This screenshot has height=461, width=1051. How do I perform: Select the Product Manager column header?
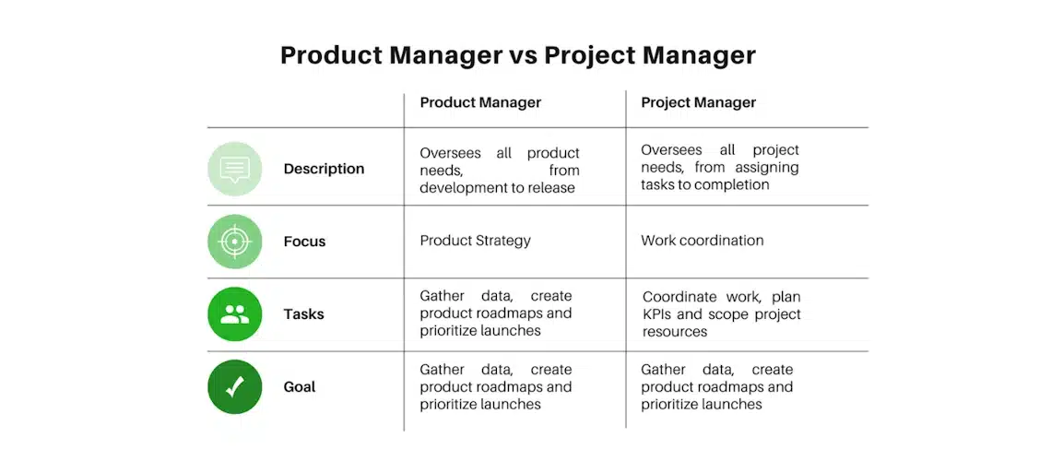pyautogui.click(x=480, y=102)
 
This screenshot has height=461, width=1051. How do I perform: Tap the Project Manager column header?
pyautogui.click(x=699, y=102)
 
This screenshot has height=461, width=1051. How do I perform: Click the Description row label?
pyautogui.click(x=324, y=169)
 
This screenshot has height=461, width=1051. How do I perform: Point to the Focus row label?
pyautogui.click(x=304, y=242)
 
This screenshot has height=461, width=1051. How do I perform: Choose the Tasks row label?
pyautogui.click(x=303, y=313)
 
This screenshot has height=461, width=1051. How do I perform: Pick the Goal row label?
pyautogui.click(x=299, y=386)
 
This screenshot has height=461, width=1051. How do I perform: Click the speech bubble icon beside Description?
pyautogui.click(x=234, y=169)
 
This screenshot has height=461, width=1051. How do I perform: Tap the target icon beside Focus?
pyautogui.click(x=234, y=242)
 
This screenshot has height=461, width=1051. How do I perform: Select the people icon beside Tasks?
pyautogui.click(x=234, y=314)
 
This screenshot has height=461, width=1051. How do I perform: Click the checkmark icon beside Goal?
pyautogui.click(x=234, y=386)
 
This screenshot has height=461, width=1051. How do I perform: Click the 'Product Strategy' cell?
pyautogui.click(x=475, y=241)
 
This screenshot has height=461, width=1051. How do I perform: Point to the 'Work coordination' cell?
pyautogui.click(x=703, y=240)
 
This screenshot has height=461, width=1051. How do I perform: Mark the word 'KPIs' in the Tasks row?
pyautogui.click(x=656, y=314)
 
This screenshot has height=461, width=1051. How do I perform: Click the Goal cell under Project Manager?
pyautogui.click(x=717, y=386)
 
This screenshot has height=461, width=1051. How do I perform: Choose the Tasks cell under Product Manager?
pyautogui.click(x=496, y=313)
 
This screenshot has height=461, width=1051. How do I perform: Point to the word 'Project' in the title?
pyautogui.click(x=589, y=56)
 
